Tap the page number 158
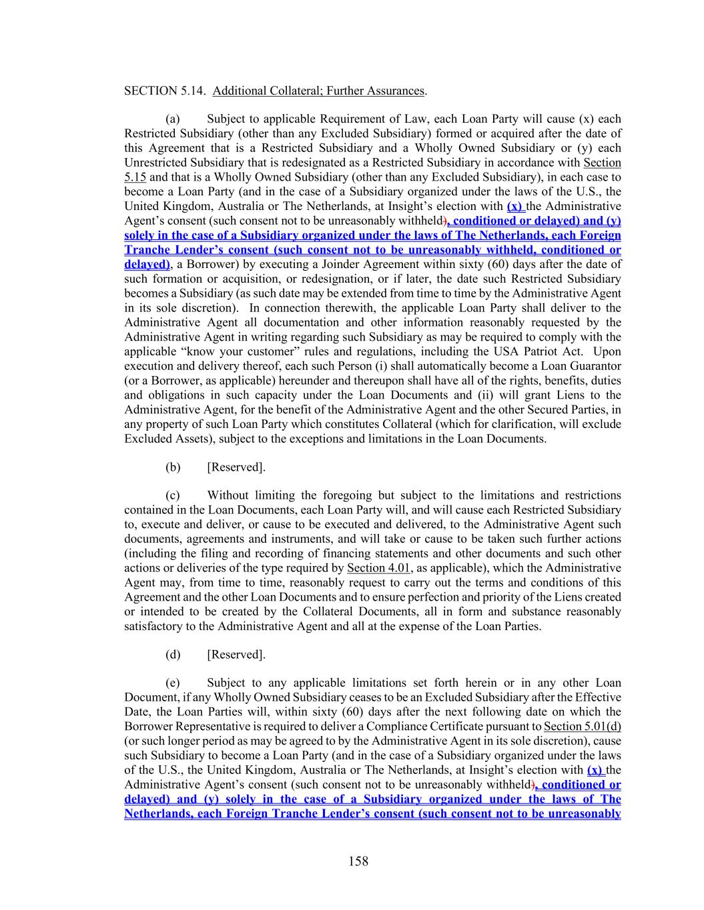point(358,861)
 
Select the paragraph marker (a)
point(173,119)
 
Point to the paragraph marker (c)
point(173,495)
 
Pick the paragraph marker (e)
point(173,683)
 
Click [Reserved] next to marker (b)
point(236,467)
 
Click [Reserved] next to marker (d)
point(236,654)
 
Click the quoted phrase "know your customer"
point(228,351)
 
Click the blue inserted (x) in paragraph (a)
point(514,206)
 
